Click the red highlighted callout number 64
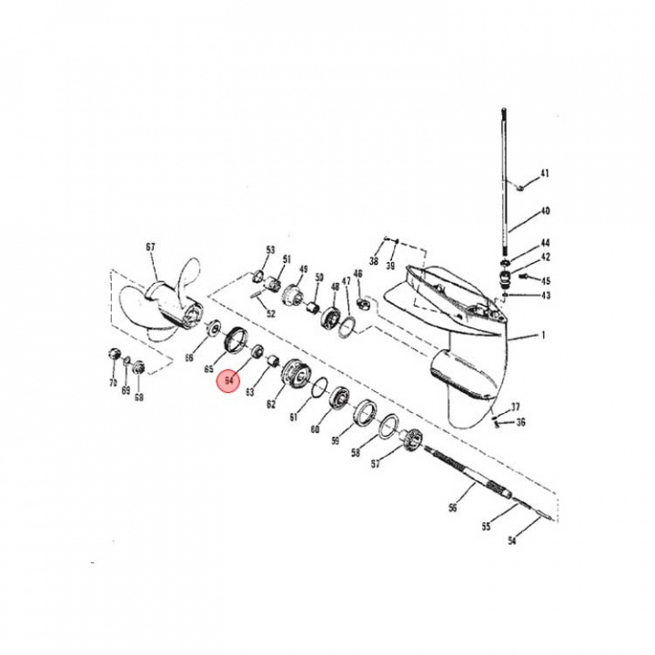tap(228, 383)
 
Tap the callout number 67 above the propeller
tap(151, 247)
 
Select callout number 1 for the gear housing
tap(543, 336)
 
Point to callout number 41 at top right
tap(545, 173)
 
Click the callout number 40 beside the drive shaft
tap(545, 211)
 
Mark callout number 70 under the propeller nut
tap(114, 384)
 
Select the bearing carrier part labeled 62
tap(295, 372)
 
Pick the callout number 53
tap(270, 249)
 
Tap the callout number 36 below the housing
tap(520, 422)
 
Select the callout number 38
tap(373, 261)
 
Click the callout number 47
tap(346, 281)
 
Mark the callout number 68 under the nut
tap(139, 396)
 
